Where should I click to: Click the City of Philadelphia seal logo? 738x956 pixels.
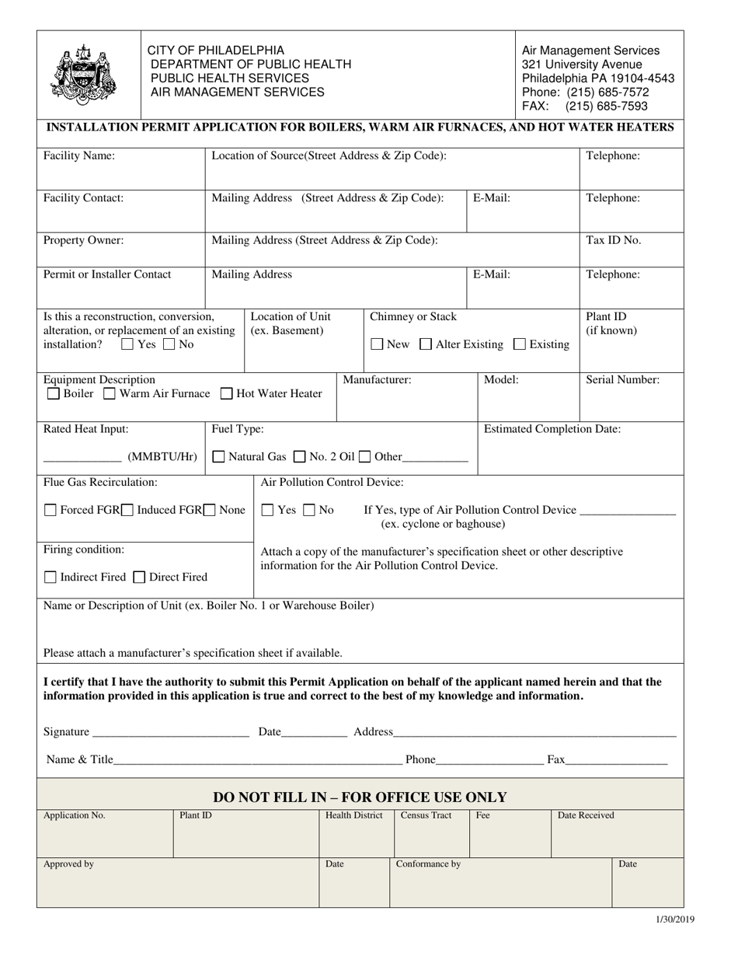pos(83,75)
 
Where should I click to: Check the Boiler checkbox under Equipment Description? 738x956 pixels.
pos(53,394)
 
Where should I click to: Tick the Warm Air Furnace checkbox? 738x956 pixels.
pos(110,394)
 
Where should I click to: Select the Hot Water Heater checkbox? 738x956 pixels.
pos(226,394)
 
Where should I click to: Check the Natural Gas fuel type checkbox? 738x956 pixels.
pos(219,457)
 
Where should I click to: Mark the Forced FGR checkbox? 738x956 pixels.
pos(50,511)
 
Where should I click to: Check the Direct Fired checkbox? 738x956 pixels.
pos(139,577)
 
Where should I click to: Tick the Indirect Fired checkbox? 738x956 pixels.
pos(50,577)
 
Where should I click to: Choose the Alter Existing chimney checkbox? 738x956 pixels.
pos(426,344)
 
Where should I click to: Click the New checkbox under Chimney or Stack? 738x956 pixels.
pos(377,344)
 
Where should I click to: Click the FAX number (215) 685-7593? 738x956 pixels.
pos(607,106)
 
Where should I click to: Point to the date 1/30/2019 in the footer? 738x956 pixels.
pos(675,919)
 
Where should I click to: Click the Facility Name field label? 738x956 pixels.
pos(79,155)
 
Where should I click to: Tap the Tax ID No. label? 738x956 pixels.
pos(614,240)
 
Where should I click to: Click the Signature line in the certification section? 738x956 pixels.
pos(170,732)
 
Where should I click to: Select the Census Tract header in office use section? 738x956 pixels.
pos(426,815)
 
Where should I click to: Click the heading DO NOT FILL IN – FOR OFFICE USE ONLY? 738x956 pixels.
pos(360,797)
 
